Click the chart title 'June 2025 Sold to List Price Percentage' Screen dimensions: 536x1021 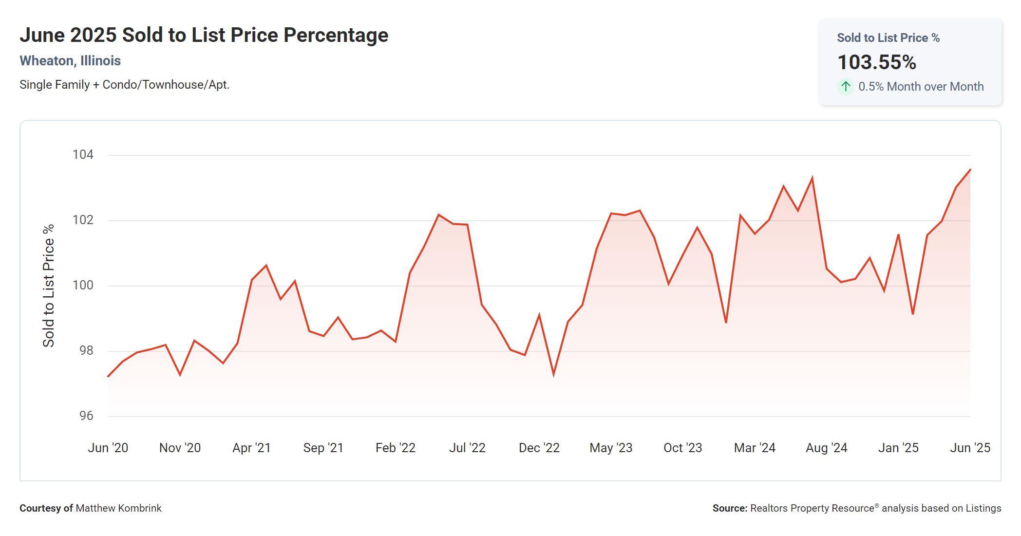tap(204, 35)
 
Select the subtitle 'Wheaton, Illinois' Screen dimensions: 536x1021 tap(70, 61)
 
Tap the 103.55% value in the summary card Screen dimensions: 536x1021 tap(876, 62)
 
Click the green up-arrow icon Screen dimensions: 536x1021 tap(846, 87)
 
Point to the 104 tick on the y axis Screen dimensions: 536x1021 tap(83, 155)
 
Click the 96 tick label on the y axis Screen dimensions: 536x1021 tap(86, 416)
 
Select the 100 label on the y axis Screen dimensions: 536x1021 tap(83, 286)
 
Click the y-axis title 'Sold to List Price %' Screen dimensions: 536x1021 tap(49, 286)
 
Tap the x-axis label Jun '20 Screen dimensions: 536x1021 tap(108, 448)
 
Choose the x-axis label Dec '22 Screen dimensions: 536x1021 tap(539, 448)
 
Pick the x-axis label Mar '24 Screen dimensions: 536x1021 tap(755, 448)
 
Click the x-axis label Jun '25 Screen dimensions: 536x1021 tap(970, 448)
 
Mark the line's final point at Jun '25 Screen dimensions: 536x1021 tap(970, 170)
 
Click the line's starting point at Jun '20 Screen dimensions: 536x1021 tap(108, 376)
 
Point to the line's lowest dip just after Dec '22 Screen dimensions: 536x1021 tap(554, 375)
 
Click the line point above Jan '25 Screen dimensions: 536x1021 tap(898, 235)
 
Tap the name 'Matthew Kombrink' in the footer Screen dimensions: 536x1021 tap(118, 508)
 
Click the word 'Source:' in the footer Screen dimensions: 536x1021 tap(729, 508)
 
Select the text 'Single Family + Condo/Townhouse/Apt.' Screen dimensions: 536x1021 tap(124, 85)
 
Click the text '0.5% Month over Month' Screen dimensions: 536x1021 tap(921, 87)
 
